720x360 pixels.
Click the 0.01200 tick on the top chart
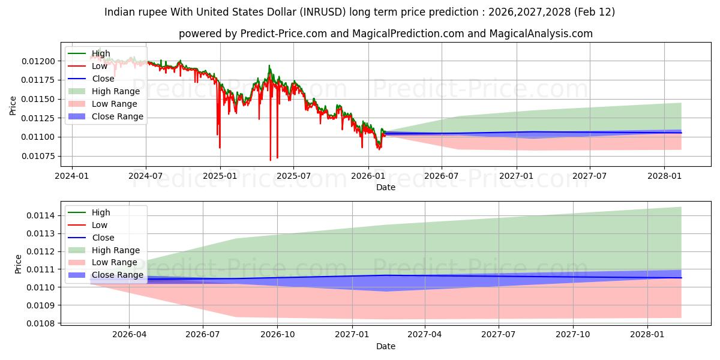[40, 61]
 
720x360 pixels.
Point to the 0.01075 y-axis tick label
[40, 156]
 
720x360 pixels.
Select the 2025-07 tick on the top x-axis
[293, 176]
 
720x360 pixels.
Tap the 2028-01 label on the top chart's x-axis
[664, 176]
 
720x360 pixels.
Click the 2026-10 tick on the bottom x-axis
[278, 334]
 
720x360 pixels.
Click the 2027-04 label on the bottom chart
[425, 334]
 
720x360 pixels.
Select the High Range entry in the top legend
[116, 91]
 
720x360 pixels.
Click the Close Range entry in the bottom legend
[118, 275]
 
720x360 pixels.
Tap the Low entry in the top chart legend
[100, 66]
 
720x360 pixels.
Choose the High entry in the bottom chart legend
[101, 212]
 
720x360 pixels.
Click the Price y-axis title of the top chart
[13, 106]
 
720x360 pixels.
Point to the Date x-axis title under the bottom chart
[386, 346]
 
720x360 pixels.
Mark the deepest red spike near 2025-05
[271, 160]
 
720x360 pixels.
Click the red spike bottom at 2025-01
[220, 148]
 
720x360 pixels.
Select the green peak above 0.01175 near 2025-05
[269, 65]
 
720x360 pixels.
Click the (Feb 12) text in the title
[594, 12]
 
